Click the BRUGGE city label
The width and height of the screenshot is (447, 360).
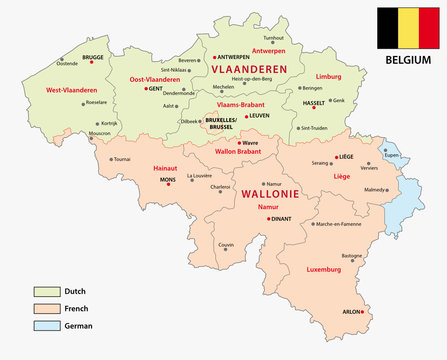pos(94,58)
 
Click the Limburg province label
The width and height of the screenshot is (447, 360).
pos(329,75)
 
